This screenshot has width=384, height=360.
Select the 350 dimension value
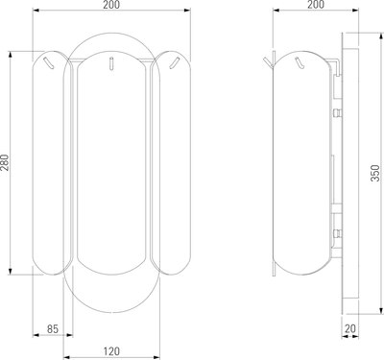tap(374, 173)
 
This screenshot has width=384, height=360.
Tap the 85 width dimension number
tap(53, 328)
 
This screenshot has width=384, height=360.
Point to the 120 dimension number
tap(111, 351)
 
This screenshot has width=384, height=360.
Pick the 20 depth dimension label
tap(350, 328)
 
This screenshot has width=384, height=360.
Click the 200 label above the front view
tap(111, 5)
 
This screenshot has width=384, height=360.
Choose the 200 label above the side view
tap(316, 5)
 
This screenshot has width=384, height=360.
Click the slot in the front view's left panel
tap(49, 62)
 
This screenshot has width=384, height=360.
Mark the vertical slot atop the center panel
tap(111, 63)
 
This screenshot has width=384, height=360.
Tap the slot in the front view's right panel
tap(174, 62)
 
